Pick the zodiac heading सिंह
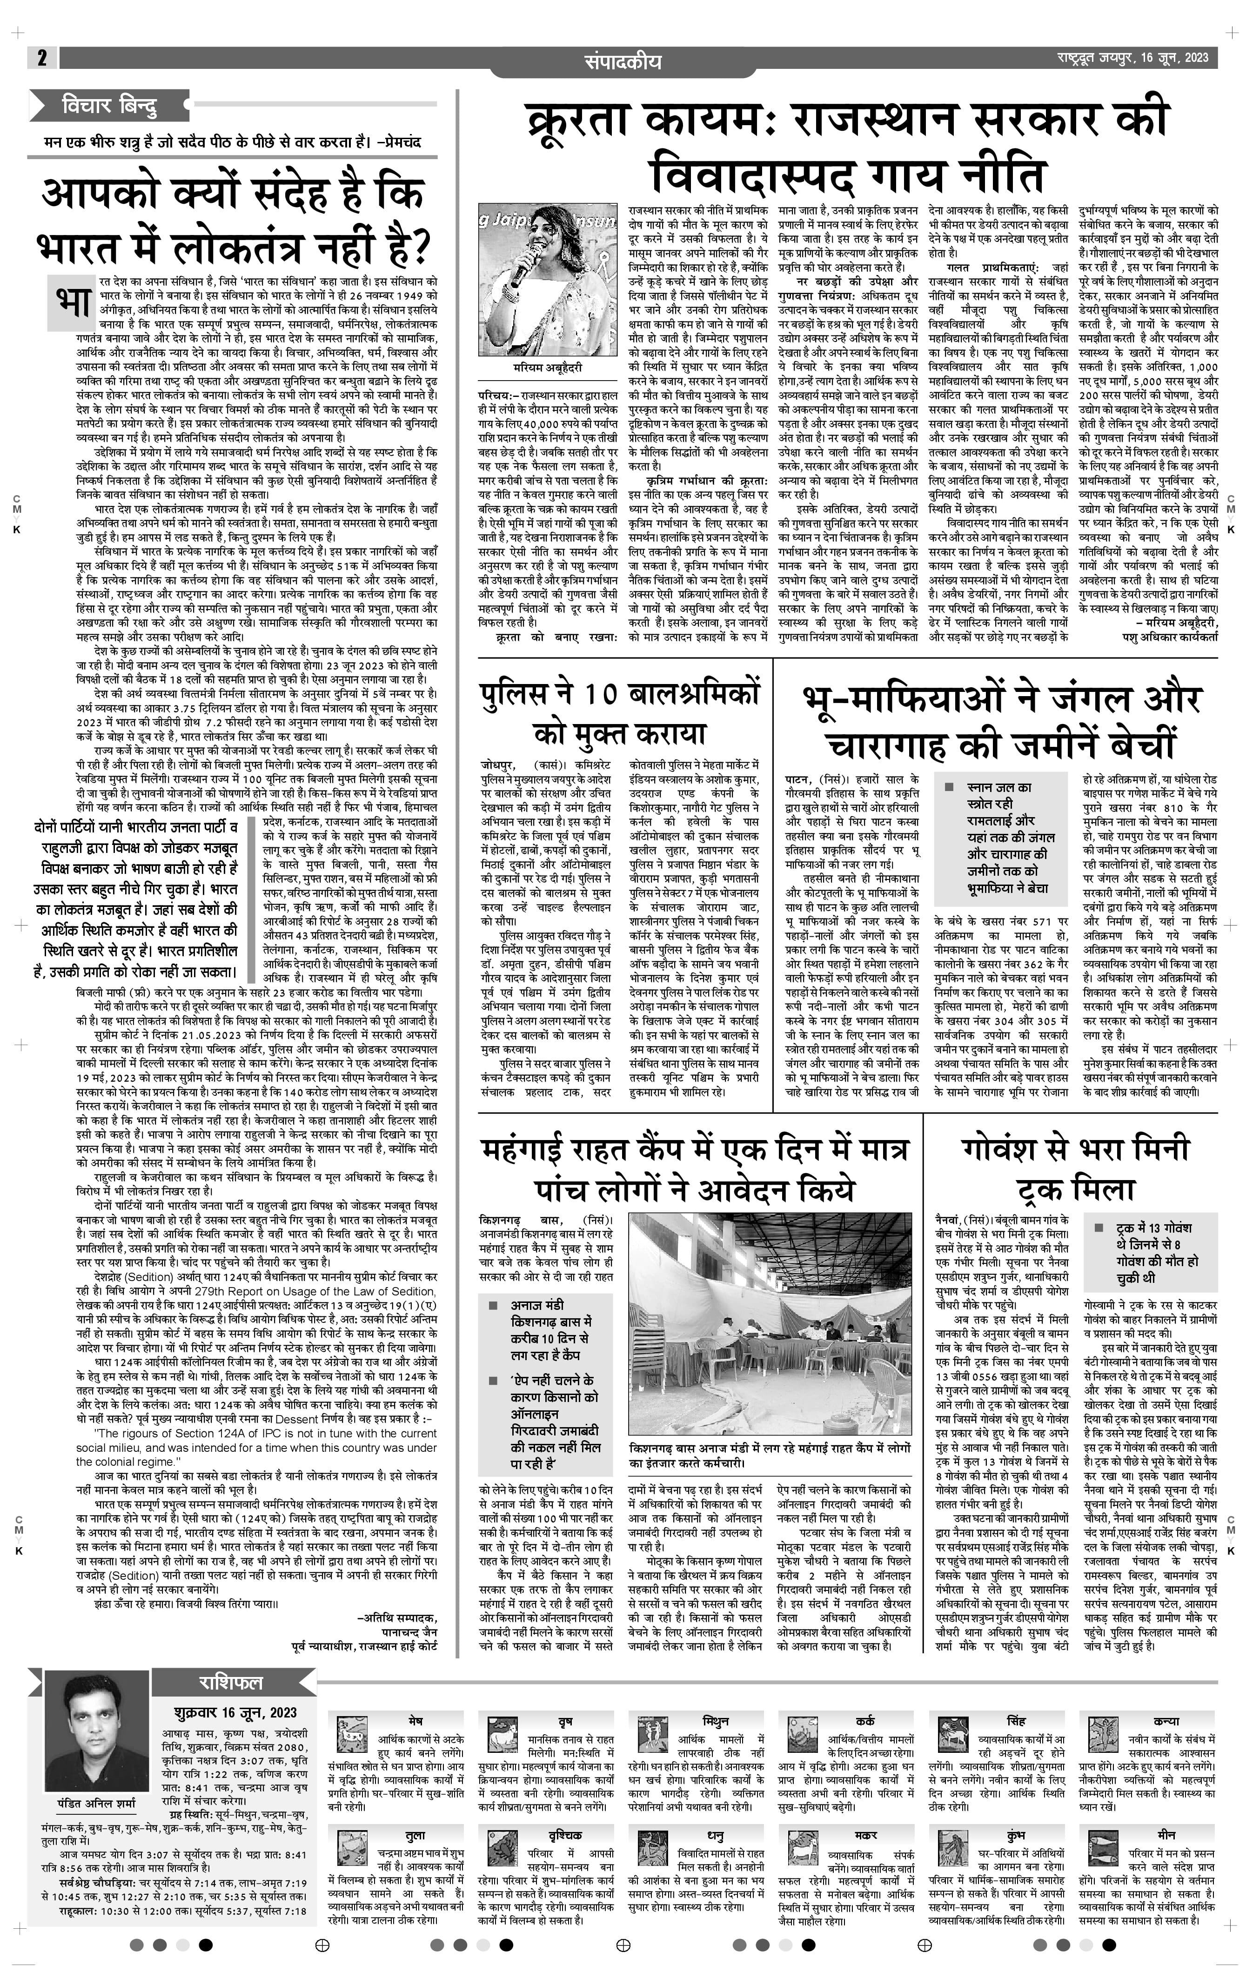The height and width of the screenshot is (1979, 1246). (1016, 1721)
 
